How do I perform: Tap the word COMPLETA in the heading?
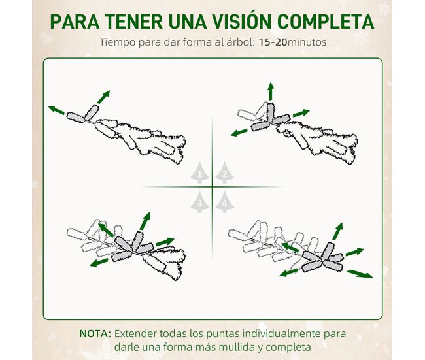coord(326,22)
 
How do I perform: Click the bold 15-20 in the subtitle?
coord(273,42)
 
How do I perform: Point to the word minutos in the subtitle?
coord(307,42)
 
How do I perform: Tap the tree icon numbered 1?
coord(199,172)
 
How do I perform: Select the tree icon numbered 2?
coord(225,172)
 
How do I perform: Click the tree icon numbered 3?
coord(199,202)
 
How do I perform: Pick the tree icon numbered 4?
coord(225,202)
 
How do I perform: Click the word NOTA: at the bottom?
coord(95,333)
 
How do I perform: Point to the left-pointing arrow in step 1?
coord(57,110)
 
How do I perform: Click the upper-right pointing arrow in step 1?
coord(103,97)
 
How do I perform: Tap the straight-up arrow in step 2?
coord(271,91)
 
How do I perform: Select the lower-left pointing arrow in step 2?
coord(239,133)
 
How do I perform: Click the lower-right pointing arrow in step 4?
coord(360,274)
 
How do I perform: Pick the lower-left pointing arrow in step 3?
coord(99,263)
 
